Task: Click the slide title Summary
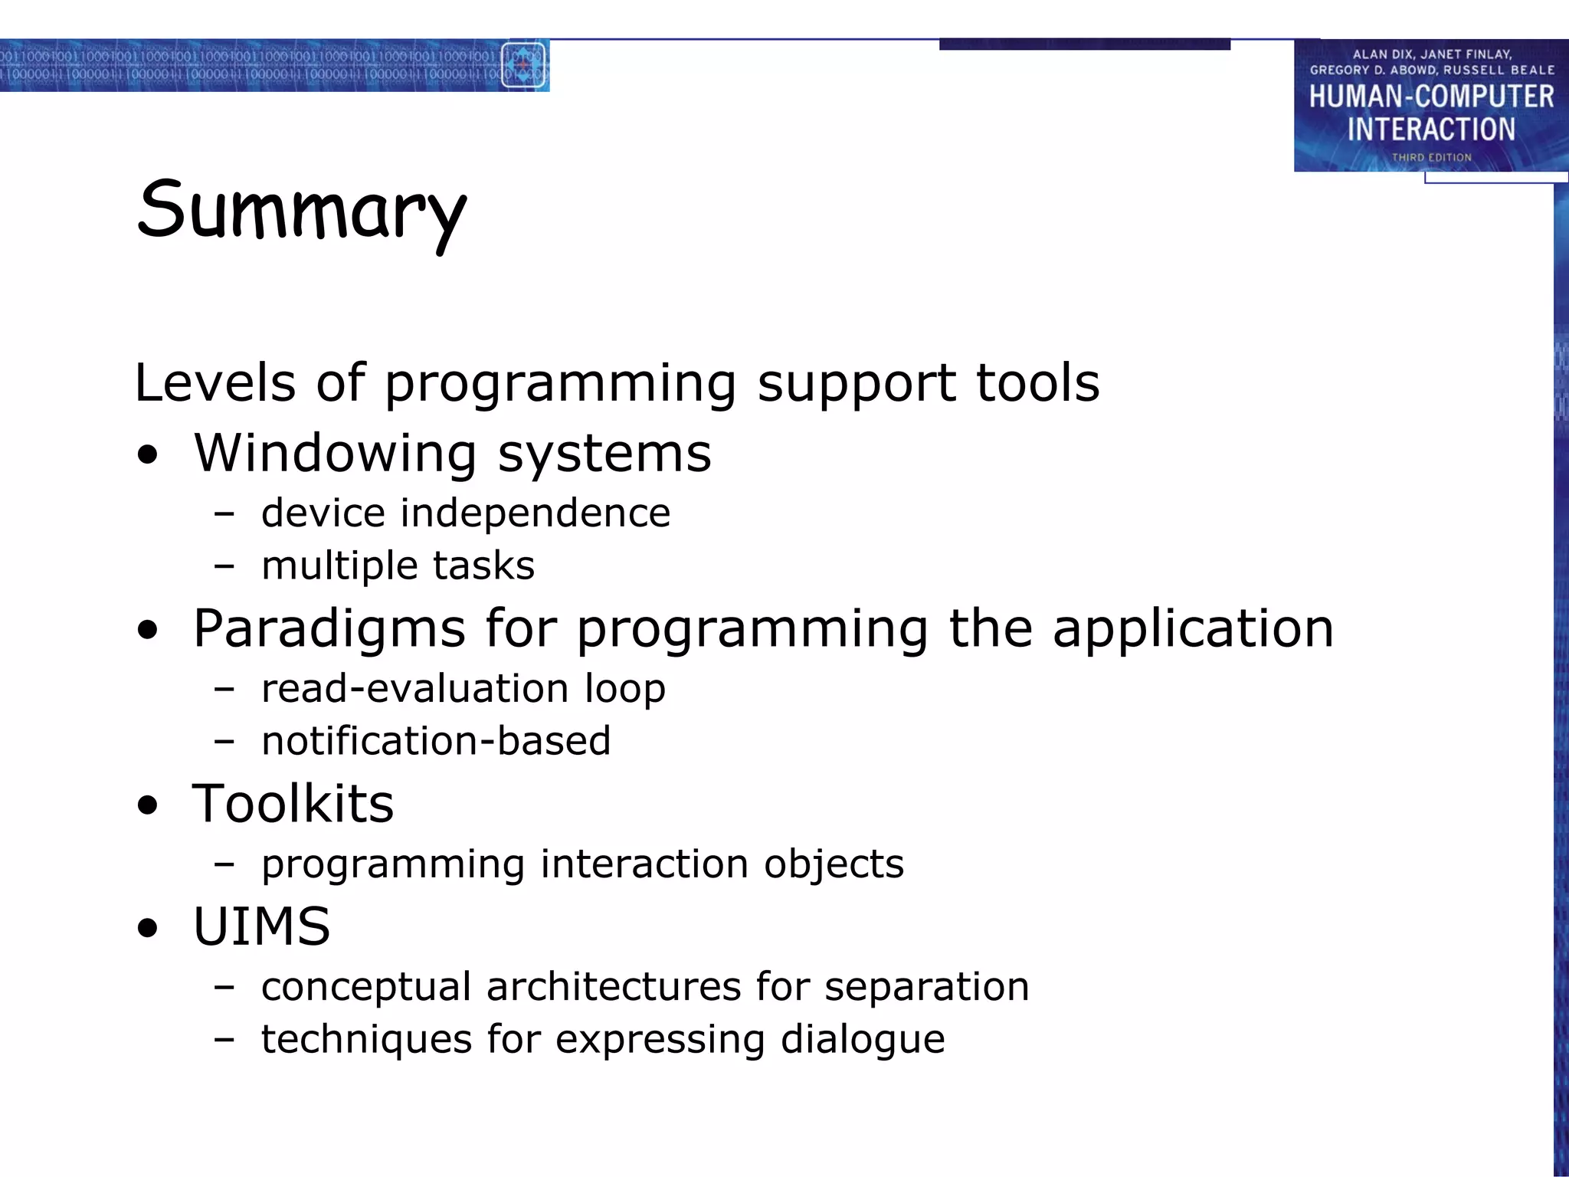pyautogui.click(x=301, y=211)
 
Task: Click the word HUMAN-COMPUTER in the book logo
pyautogui.click(x=1430, y=97)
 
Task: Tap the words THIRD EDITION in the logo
pyautogui.click(x=1431, y=157)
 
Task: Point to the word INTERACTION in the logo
pyautogui.click(x=1431, y=130)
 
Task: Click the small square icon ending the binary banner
pyautogui.click(x=523, y=66)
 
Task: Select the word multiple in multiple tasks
pyautogui.click(x=339, y=566)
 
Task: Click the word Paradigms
pyautogui.click(x=329, y=629)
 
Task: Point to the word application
pyautogui.click(x=1193, y=629)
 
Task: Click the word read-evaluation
pyautogui.click(x=414, y=688)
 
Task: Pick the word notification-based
pyautogui.click(x=436, y=741)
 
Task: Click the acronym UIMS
pyautogui.click(x=261, y=926)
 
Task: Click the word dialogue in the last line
pyautogui.click(x=862, y=1040)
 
